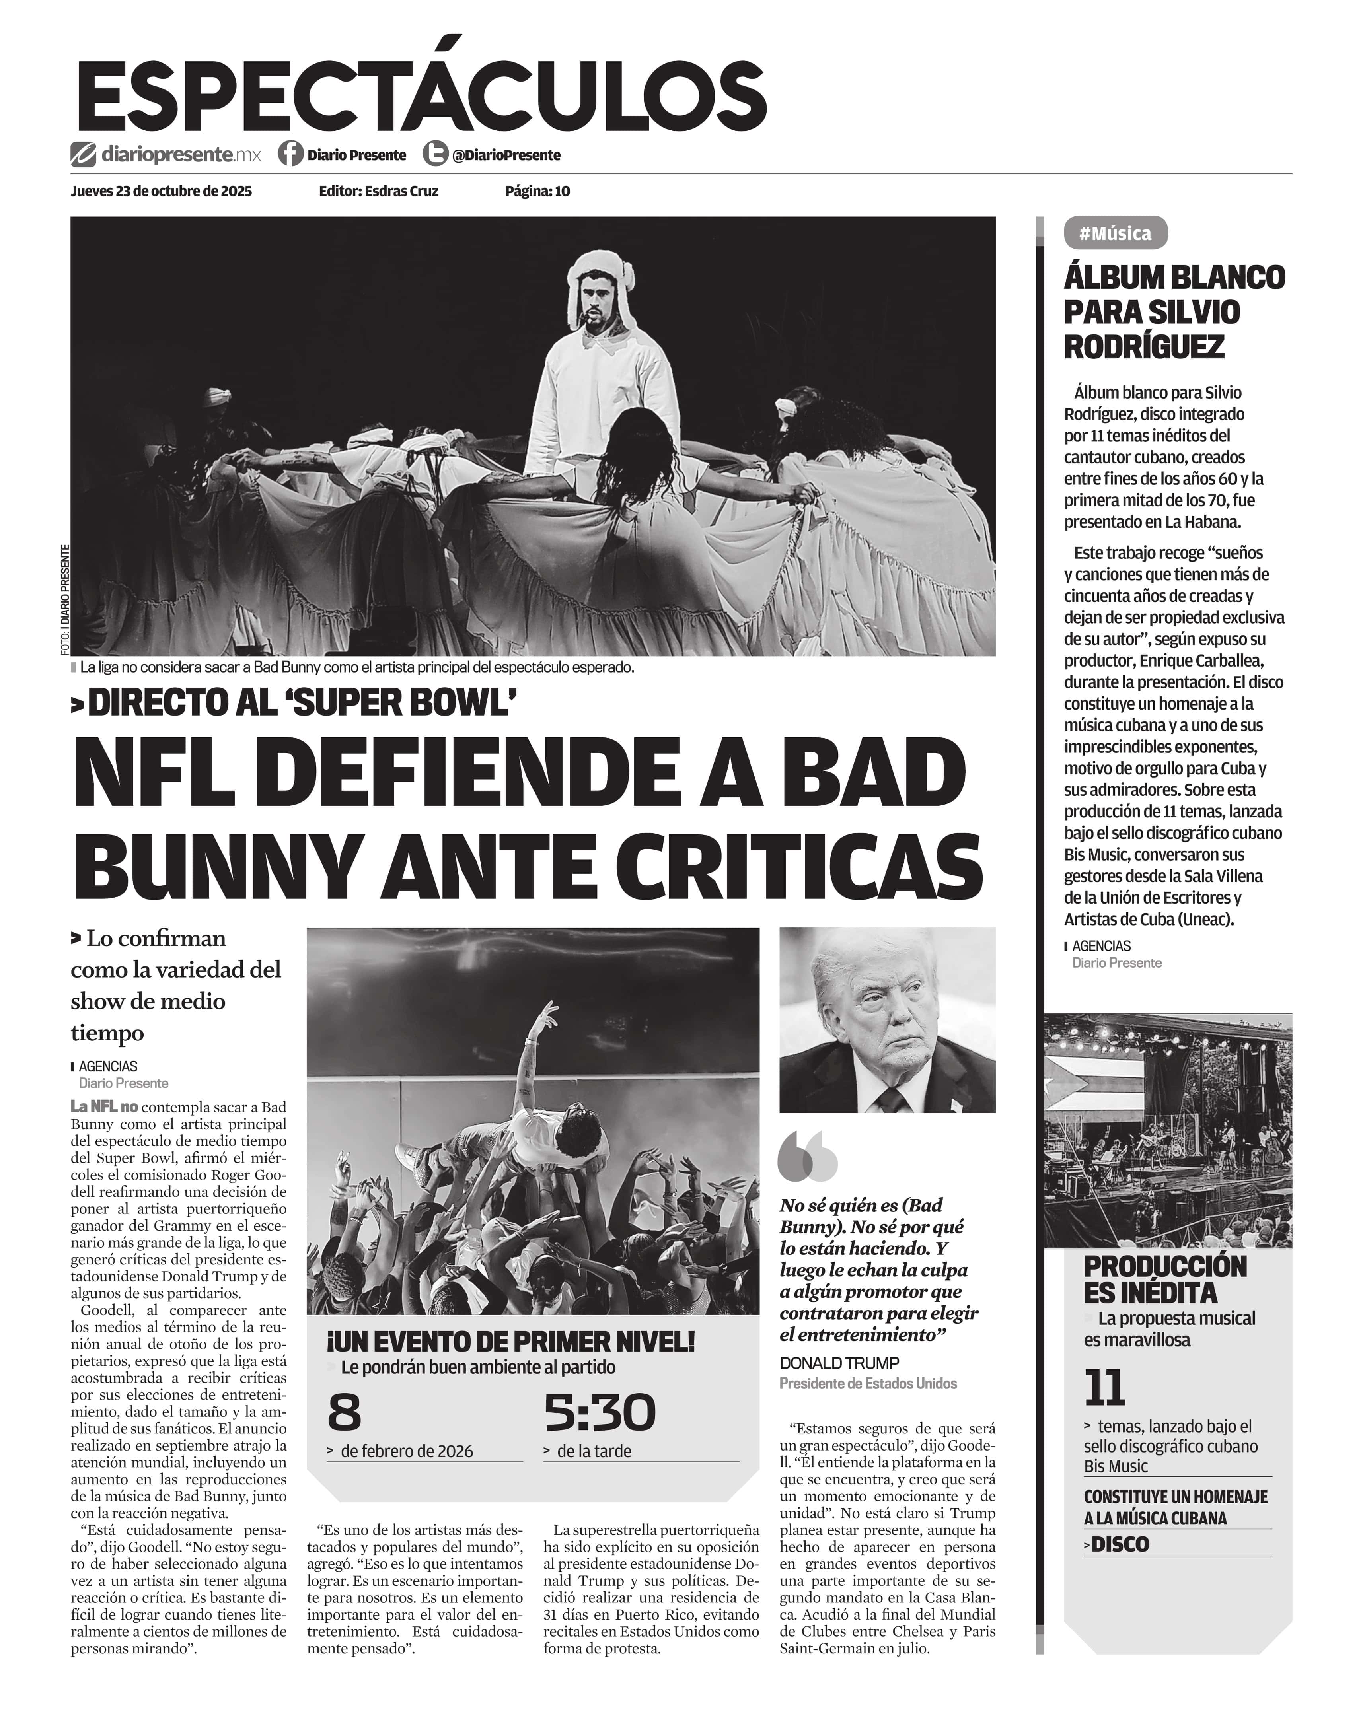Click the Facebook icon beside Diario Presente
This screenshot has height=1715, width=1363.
(290, 154)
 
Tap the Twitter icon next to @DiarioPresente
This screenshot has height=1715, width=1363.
(434, 154)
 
